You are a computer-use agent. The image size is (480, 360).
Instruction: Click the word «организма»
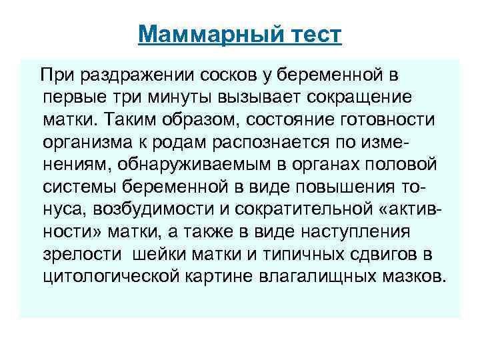tap(91, 142)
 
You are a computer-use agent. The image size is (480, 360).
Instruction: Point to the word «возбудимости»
tap(152, 210)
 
